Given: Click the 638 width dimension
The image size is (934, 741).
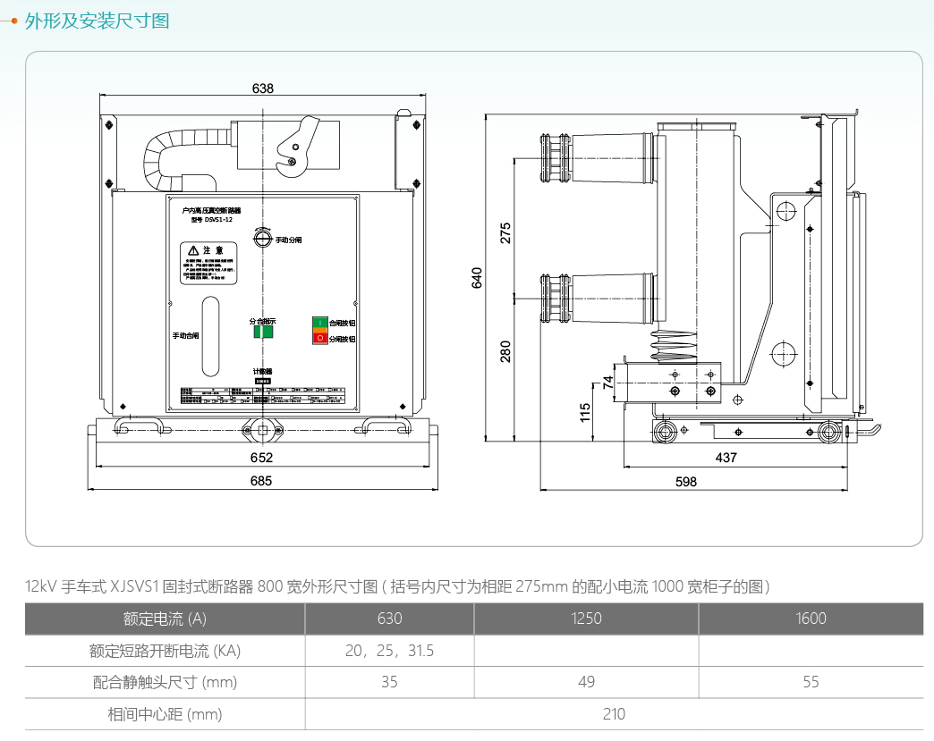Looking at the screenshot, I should point(263,88).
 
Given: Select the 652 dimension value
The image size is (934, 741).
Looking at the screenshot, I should point(261,458).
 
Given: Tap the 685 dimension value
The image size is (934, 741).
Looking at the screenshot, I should point(261,481).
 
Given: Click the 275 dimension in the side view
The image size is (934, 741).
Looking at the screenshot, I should point(506,232).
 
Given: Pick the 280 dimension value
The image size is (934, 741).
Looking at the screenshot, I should point(506,350).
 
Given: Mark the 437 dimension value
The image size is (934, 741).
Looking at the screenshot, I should point(726,458).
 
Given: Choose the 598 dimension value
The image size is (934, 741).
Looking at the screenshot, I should point(686,481).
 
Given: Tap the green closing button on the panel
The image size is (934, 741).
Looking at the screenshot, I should point(319,322).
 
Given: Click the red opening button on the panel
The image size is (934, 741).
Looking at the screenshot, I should point(319,338).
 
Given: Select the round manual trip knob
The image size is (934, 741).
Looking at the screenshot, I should point(261,240).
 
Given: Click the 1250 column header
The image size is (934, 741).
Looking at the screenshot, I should point(586,619).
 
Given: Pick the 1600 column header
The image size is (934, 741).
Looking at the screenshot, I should point(811,619).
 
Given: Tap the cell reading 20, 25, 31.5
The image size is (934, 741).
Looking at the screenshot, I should point(389,651).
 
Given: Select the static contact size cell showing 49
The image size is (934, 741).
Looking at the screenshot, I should point(586,682).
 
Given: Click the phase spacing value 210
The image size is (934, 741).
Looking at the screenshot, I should point(614,714).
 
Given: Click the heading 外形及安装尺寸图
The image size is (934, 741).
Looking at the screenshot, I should point(97,21).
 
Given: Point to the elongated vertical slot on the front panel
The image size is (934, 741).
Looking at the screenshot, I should point(209,336).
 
